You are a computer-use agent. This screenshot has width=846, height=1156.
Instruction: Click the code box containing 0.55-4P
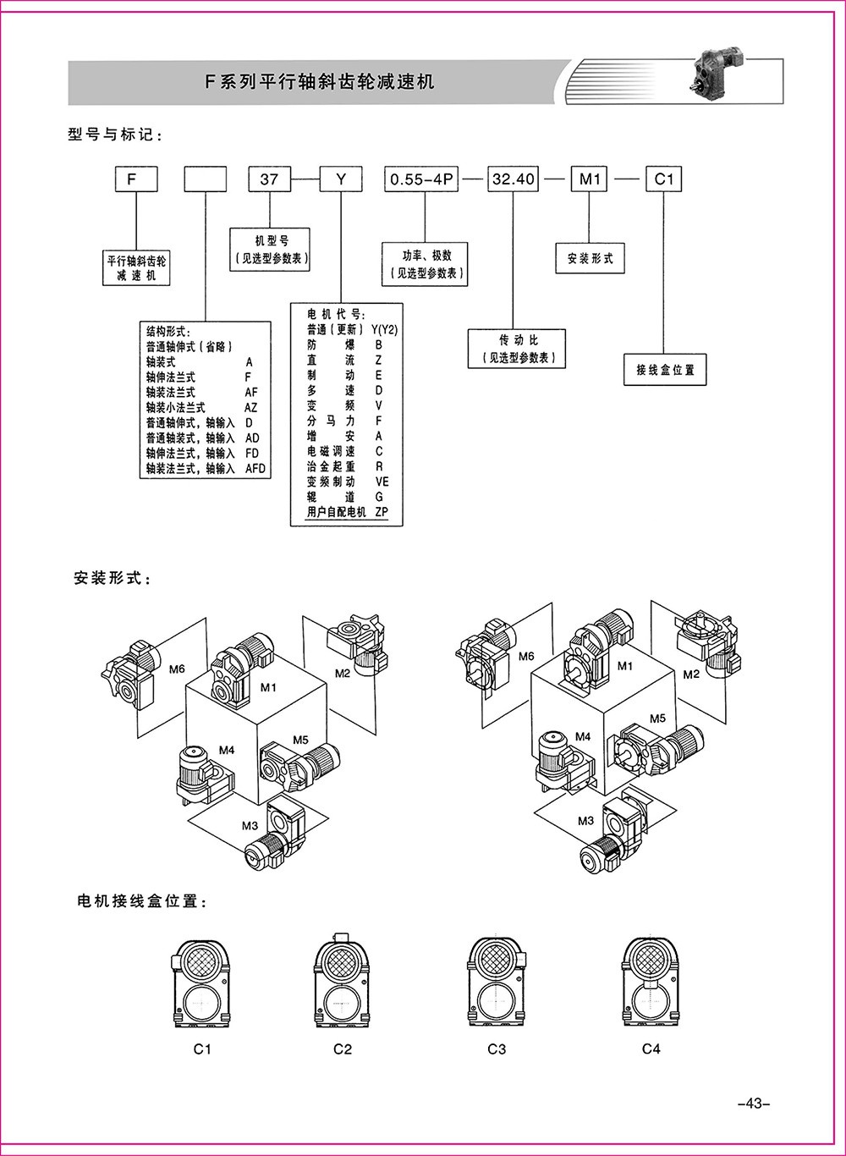tap(421, 179)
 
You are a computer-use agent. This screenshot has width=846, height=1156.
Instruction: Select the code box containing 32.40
tap(513, 179)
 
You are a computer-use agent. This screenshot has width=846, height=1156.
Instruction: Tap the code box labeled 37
tap(269, 179)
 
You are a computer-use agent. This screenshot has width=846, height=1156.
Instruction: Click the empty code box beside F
tap(206, 179)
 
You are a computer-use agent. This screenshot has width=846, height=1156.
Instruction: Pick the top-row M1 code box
tap(589, 179)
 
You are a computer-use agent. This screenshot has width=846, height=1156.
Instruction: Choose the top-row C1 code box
tap(663, 179)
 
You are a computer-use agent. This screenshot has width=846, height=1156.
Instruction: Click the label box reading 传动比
tap(513, 349)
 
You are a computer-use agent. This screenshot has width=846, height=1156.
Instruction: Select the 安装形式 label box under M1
tap(590, 258)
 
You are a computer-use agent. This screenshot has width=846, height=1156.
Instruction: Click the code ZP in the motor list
tap(381, 513)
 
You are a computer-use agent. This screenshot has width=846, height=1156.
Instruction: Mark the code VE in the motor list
tap(382, 482)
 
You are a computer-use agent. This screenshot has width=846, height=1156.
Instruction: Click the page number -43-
tap(751, 1103)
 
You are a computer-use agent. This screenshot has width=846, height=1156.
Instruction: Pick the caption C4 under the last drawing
tap(650, 1049)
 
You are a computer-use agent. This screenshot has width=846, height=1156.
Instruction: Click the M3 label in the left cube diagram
tap(250, 826)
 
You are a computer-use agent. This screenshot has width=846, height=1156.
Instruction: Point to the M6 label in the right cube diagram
tap(526, 656)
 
